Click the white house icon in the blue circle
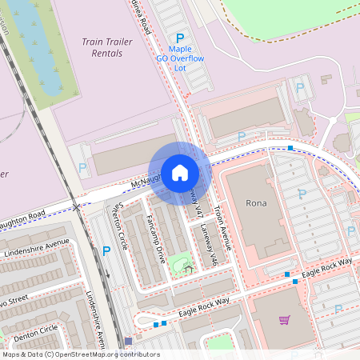click(180, 172)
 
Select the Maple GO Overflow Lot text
click(180, 58)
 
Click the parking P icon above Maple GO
click(180, 38)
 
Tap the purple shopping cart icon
click(284, 320)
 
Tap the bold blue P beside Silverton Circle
click(106, 251)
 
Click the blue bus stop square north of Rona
click(291, 148)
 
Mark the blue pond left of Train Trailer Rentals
click(49, 64)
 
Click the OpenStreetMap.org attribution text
click(112, 354)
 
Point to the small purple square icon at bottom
click(127, 341)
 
